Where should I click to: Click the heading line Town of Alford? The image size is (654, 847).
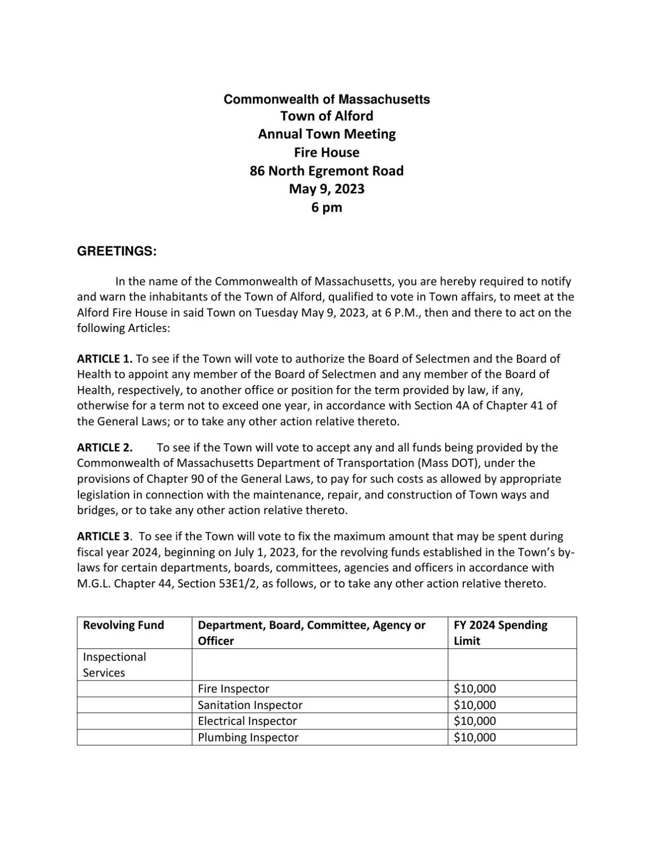click(x=327, y=115)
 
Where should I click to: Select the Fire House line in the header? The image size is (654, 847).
click(x=327, y=152)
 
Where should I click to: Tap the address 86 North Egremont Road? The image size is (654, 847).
click(x=327, y=171)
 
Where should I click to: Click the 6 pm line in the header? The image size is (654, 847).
click(x=327, y=207)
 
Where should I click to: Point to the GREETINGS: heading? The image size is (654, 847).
click(x=116, y=251)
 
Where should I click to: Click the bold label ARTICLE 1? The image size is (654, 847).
click(x=105, y=358)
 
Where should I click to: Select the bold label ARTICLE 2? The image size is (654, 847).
click(x=105, y=447)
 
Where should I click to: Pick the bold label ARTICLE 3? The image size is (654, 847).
click(x=103, y=536)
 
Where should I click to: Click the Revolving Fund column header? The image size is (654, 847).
click(x=123, y=625)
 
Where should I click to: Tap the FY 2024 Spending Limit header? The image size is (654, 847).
click(x=500, y=632)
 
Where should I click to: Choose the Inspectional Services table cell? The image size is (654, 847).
click(x=114, y=664)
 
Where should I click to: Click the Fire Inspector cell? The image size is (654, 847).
click(x=233, y=689)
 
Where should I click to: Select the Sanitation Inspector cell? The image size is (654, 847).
click(x=250, y=705)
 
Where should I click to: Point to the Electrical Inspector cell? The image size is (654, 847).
click(x=247, y=721)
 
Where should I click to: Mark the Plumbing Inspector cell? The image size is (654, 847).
click(x=248, y=737)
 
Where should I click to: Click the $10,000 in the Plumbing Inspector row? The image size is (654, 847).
click(x=475, y=737)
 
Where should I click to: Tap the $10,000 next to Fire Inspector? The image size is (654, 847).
click(x=475, y=689)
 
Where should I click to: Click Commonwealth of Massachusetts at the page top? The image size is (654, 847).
click(x=327, y=99)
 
